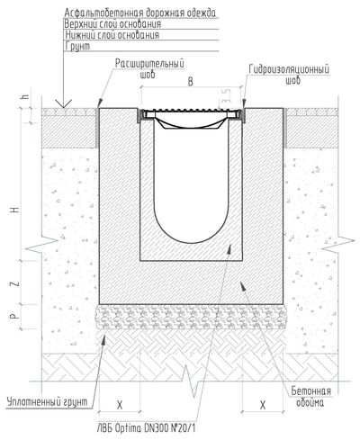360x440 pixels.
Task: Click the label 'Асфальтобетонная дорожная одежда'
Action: [140, 13]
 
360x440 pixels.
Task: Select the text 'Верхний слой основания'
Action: [112, 24]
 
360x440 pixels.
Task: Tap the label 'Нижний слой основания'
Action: [112, 35]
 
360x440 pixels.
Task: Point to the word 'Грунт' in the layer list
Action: [77, 46]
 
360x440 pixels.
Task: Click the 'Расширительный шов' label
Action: [149, 68]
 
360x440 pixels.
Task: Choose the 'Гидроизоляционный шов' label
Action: [289, 75]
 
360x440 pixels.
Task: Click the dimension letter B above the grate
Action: [190, 82]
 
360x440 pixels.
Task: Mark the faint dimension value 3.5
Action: [227, 96]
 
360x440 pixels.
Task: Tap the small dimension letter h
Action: [26, 97]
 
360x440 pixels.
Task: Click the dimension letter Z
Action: [16, 283]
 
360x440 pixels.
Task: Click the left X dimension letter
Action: [120, 406]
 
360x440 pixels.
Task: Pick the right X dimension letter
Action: [263, 406]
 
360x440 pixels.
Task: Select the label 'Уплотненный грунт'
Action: [48, 402]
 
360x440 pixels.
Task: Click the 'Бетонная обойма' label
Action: [310, 397]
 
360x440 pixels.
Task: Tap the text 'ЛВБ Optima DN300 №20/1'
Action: [147, 427]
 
